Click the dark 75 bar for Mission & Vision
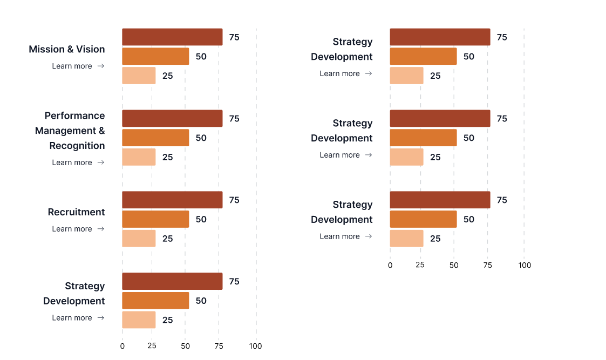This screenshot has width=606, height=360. tap(172, 37)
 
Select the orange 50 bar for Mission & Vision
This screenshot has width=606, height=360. tap(155, 56)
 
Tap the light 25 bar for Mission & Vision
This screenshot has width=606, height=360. tap(139, 76)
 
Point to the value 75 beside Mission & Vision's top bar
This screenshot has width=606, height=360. tap(234, 37)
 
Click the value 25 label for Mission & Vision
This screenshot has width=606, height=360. tap(168, 76)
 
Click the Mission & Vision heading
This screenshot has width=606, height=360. tap(67, 49)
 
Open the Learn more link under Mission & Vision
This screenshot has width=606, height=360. tap(78, 66)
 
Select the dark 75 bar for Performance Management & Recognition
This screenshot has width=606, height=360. tap(172, 119)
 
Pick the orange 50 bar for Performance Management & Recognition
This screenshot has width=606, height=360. tap(155, 138)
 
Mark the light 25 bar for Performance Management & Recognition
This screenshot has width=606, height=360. tap(139, 157)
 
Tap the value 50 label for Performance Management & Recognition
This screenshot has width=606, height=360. tap(201, 138)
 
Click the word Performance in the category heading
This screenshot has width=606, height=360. tap(74, 116)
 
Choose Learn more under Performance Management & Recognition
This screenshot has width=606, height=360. tap(78, 162)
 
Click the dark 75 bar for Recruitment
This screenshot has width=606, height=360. tap(172, 200)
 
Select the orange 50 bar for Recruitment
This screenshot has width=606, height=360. tap(155, 219)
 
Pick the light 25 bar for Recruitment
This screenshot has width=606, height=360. tap(139, 239)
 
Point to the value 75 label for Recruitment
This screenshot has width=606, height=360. tap(234, 200)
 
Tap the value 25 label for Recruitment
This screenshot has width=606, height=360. tap(168, 239)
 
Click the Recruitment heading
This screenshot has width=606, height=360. tap(76, 212)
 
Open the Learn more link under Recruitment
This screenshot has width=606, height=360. tap(78, 229)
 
